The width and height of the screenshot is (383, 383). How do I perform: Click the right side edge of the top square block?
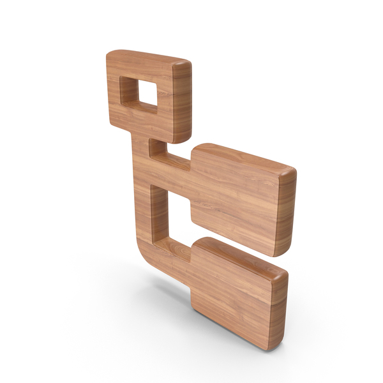pos(181,102)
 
